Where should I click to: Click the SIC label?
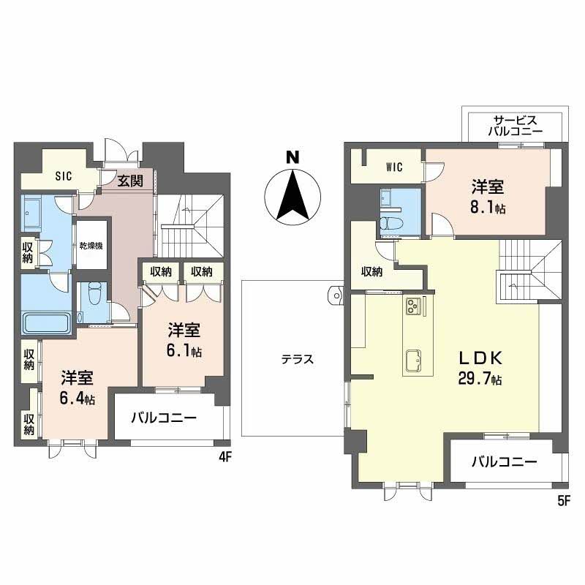64,175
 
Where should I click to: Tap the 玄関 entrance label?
130,181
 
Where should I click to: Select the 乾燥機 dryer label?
91,246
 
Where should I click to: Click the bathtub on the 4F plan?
46,322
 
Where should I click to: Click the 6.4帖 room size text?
78,399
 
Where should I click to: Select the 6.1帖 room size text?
184,351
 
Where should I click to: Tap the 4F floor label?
225,458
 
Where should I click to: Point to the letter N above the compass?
292,157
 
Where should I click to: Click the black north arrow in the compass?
293,195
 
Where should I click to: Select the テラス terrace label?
298,359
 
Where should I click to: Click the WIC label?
394,167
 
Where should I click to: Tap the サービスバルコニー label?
516,125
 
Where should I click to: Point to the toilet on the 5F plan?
389,223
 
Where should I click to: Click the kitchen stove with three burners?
414,306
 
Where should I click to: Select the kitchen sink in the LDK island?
414,361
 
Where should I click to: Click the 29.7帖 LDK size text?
480,379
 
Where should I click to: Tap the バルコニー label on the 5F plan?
505,462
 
